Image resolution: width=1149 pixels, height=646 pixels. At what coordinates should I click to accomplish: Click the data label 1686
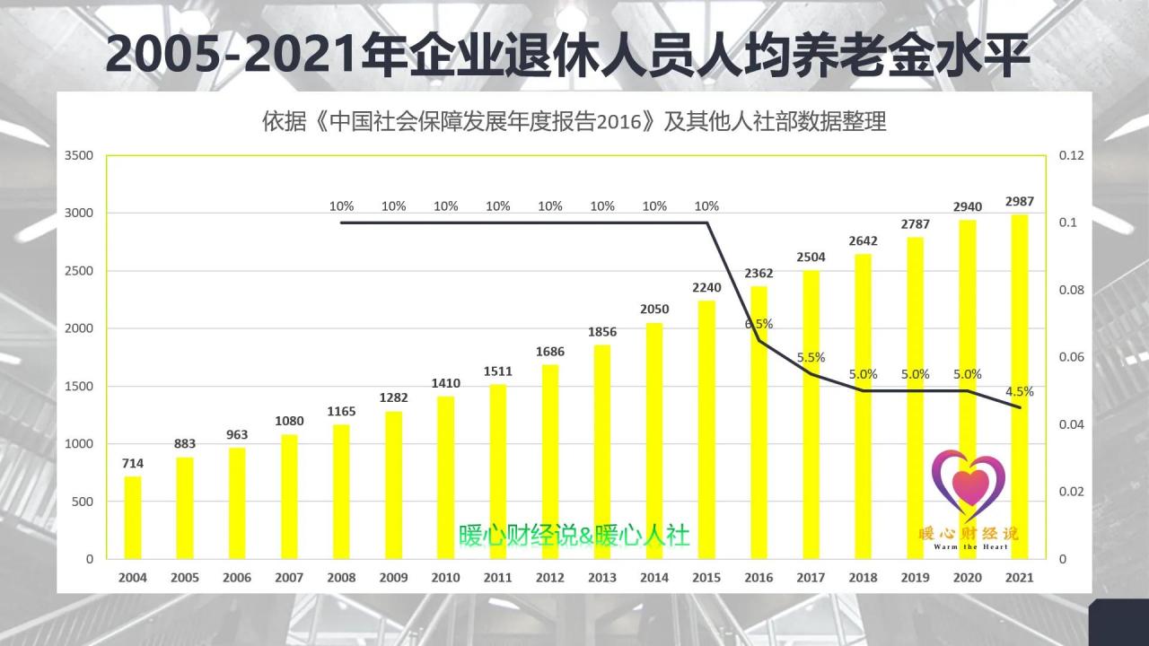(550, 351)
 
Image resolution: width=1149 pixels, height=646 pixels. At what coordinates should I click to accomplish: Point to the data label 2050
(654, 309)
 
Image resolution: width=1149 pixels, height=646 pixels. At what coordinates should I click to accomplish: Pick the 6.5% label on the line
(759, 324)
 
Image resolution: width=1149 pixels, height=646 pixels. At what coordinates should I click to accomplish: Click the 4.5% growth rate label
(1020, 391)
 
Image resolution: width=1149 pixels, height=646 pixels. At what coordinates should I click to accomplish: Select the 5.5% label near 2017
(811, 356)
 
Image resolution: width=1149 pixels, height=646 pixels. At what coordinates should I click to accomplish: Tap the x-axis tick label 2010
(445, 578)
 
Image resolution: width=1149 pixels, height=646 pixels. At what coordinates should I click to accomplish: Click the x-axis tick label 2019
(915, 578)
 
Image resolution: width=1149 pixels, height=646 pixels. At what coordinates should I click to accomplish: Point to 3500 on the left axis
(79, 155)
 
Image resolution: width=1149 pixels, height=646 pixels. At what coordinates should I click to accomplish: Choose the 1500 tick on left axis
(79, 386)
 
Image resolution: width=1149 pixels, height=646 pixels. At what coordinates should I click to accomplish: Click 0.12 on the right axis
(1071, 155)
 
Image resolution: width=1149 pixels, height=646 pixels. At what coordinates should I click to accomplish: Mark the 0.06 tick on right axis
(1071, 357)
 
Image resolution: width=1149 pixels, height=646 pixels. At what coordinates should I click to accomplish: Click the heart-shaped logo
(968, 484)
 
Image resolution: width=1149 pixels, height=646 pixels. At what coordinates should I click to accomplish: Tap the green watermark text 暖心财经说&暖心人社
(574, 536)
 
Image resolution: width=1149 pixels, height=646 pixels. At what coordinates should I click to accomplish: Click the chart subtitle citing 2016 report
(574, 122)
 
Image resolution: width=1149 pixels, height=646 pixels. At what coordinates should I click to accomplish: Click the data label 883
(185, 443)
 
